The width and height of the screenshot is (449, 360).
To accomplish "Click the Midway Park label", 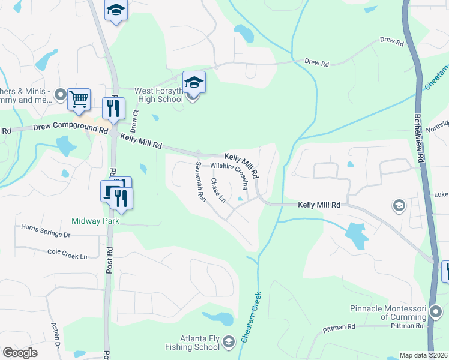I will (x=95, y=221).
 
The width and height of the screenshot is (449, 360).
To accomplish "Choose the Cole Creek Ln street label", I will (x=67, y=254).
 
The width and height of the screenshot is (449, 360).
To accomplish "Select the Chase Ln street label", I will (x=218, y=190).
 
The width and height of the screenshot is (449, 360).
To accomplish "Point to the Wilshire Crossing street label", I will (x=230, y=171).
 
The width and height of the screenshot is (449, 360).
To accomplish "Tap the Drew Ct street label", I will (x=134, y=120).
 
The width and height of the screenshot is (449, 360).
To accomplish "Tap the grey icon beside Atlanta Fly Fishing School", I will (x=228, y=342).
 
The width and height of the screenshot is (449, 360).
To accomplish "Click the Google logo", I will (x=20, y=353).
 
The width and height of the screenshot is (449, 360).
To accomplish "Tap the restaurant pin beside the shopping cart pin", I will (x=113, y=108).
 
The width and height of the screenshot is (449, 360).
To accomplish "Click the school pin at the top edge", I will (x=116, y=10).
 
